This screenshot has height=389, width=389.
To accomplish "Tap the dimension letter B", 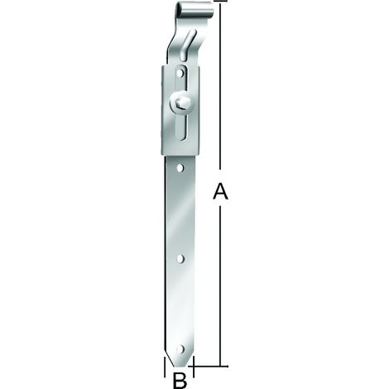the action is pos(180,381).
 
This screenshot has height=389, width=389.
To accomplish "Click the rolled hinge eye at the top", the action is pos(195,10).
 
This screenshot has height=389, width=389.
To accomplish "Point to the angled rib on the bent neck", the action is pos(188,45).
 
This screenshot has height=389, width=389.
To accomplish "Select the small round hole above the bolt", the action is pos(180,74).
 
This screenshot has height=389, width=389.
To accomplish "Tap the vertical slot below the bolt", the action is pos(185,127).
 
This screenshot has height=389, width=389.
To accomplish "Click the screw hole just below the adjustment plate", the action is pos(180,167).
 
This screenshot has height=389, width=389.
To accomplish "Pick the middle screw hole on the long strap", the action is pos(180,258).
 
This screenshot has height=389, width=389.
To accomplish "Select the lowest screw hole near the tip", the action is pos(180,348).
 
